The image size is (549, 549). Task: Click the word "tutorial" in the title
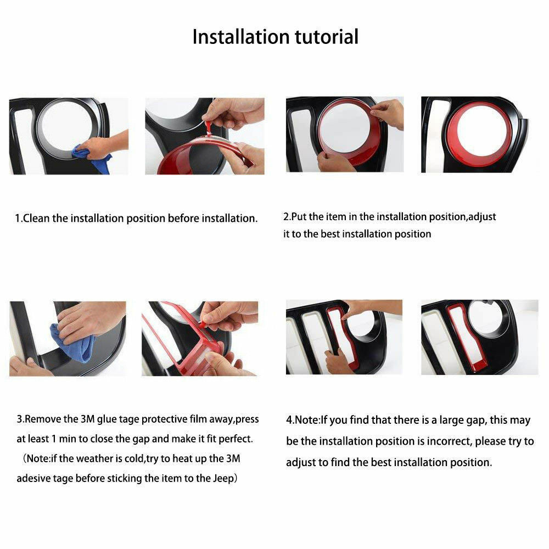pyautogui.click(x=326, y=37)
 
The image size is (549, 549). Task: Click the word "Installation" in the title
pyautogui.click(x=241, y=37)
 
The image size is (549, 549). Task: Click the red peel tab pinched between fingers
pyautogui.click(x=208, y=127)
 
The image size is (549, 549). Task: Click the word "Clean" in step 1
pyautogui.click(x=36, y=218)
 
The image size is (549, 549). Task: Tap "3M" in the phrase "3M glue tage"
pyautogui.click(x=87, y=419)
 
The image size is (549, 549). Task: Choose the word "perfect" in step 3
pyautogui.click(x=235, y=439)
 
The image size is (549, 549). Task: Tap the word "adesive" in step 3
pyautogui.click(x=33, y=478)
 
